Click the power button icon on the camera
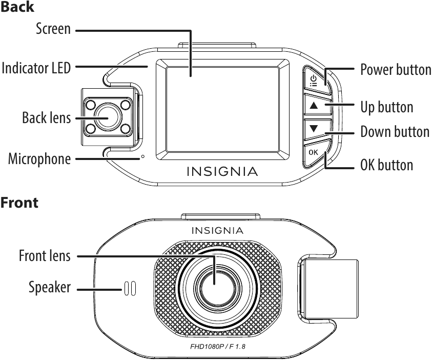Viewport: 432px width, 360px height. click(x=314, y=81)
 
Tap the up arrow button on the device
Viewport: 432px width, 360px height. click(x=314, y=105)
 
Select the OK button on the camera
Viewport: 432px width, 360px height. click(x=313, y=152)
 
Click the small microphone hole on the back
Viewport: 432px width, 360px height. click(x=142, y=156)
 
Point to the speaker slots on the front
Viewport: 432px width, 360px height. click(x=130, y=289)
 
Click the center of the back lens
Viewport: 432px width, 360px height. click(x=108, y=116)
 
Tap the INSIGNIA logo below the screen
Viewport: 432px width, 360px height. click(x=222, y=171)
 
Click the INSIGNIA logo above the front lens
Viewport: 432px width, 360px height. click(x=217, y=230)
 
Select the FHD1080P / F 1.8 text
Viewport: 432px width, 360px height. click(x=218, y=346)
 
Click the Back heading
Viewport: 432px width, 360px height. click(x=17, y=7)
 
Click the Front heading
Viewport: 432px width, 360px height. click(x=19, y=203)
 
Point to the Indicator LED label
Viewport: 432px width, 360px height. click(x=36, y=68)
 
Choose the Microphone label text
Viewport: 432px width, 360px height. click(x=39, y=159)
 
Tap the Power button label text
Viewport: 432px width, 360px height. click(x=396, y=69)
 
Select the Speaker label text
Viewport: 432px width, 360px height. click(x=50, y=287)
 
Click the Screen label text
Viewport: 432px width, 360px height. click(x=53, y=28)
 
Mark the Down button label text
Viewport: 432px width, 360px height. click(x=395, y=131)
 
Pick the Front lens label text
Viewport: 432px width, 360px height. click(x=45, y=255)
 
